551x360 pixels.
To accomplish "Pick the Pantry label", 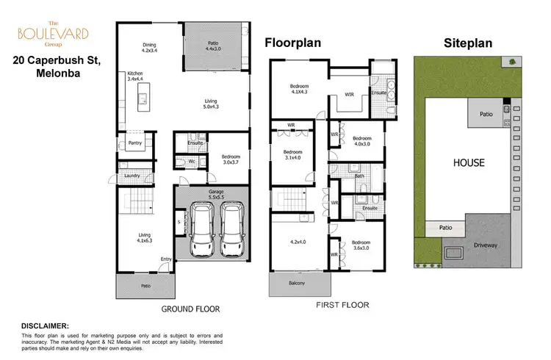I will pos(134,143).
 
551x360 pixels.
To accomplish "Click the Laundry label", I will pos(132,176).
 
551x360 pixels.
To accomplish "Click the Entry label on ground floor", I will pos(166,259).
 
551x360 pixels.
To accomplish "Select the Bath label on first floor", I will pos(359,176).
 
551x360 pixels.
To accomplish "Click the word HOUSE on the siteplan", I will pos(468,162).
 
